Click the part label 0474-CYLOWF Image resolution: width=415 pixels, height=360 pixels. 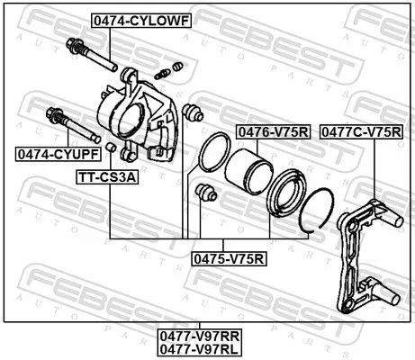point(140,20)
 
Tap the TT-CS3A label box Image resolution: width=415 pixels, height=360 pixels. point(107,177)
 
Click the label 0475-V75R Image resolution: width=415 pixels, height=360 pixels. point(229,258)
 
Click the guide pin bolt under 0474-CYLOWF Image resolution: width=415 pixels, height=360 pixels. point(91,55)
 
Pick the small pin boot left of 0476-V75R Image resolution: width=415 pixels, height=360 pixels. point(191,112)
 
